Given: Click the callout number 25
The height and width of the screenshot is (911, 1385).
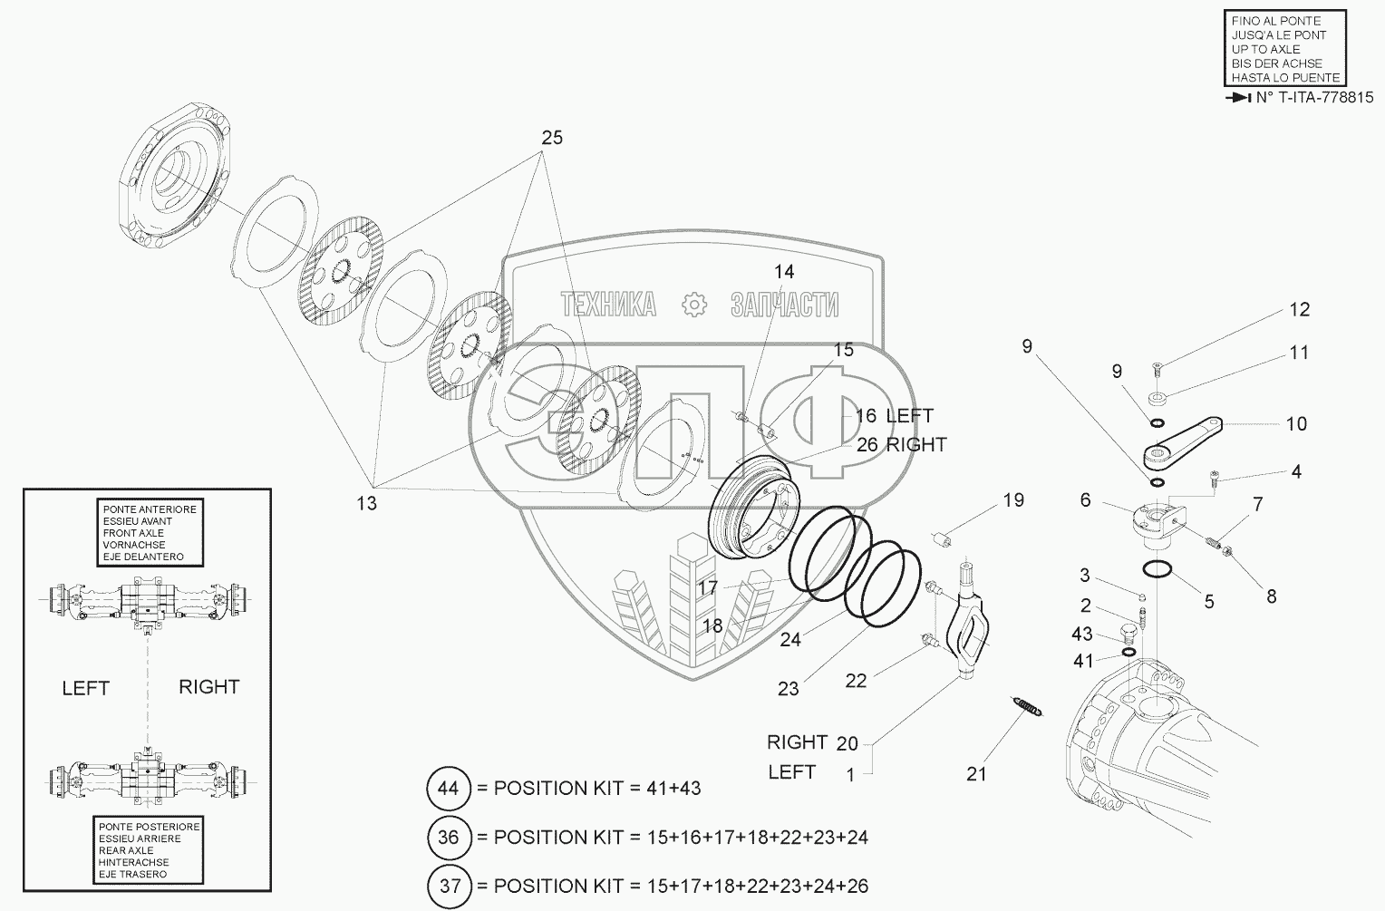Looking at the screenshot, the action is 552,137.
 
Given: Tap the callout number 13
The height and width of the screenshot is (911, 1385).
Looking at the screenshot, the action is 367,503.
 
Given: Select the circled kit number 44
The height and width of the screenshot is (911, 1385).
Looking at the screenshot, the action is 449,788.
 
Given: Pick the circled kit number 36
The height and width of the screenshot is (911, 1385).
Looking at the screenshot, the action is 449,838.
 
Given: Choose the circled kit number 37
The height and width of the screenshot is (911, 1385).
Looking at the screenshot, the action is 450,887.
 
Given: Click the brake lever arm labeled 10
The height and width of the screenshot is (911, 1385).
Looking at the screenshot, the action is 1182,445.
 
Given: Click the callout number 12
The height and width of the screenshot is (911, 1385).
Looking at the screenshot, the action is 1300,309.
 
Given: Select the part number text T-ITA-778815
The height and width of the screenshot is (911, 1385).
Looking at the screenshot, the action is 1314,98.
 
